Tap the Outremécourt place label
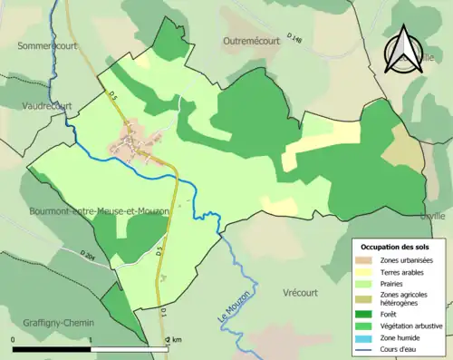(x=260, y=41)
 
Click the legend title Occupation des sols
(x=396, y=247)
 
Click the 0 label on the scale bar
(x=14, y=340)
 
